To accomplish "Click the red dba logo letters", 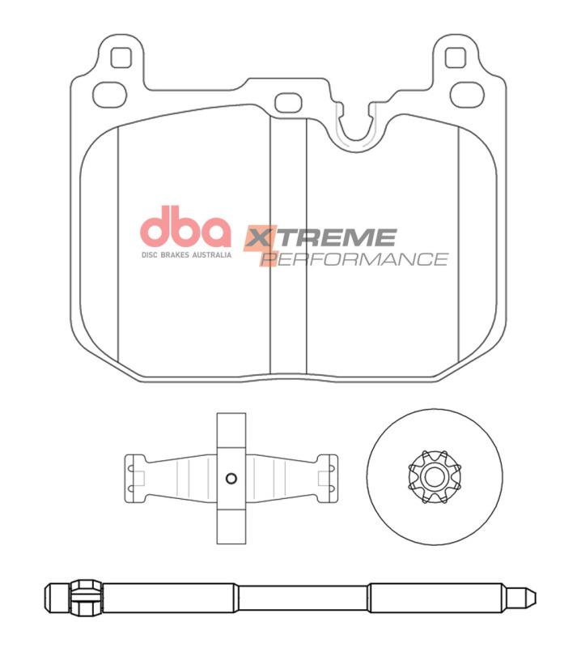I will (186, 228).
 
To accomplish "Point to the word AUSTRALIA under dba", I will (210, 254).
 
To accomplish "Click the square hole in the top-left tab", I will (120, 58).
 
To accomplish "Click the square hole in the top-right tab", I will (456, 58).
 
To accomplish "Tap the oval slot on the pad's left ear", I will (109, 93).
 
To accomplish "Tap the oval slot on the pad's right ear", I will (466, 93).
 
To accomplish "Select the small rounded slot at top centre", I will (287, 103).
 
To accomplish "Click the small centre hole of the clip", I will (231, 477).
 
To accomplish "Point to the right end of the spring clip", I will (329, 477).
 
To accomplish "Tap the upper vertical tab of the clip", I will (231, 429).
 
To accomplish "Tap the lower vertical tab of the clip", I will (231, 526).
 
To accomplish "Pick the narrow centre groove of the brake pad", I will (287, 243).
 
